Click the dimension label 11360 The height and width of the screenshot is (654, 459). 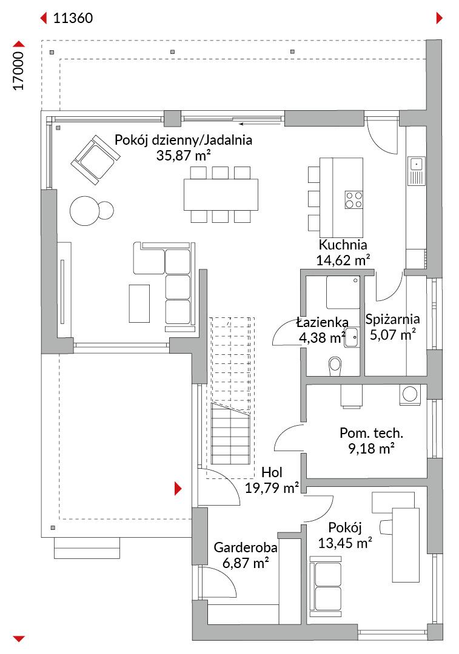(x=73, y=18)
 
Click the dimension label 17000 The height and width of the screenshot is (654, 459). (x=19, y=71)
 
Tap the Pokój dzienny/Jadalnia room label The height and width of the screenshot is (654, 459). (x=183, y=140)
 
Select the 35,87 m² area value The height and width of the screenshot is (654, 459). (x=183, y=155)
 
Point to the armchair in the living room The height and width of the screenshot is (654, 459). (x=94, y=159)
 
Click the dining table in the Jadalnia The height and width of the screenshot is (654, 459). (x=221, y=194)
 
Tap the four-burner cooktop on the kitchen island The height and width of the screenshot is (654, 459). (x=354, y=199)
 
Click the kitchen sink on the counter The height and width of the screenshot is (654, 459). (x=417, y=163)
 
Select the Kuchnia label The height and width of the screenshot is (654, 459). (x=343, y=245)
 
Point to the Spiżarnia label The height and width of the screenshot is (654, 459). (x=393, y=319)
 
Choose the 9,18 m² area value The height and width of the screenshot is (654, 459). (x=372, y=448)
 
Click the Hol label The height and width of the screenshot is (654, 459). (x=272, y=473)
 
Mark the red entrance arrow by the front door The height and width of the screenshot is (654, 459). (x=178, y=488)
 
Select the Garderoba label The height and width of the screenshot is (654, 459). (x=246, y=548)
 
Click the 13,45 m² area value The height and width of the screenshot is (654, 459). (x=345, y=543)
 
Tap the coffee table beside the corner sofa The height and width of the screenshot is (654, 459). (x=139, y=303)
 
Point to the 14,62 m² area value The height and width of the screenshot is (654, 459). (x=343, y=260)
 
